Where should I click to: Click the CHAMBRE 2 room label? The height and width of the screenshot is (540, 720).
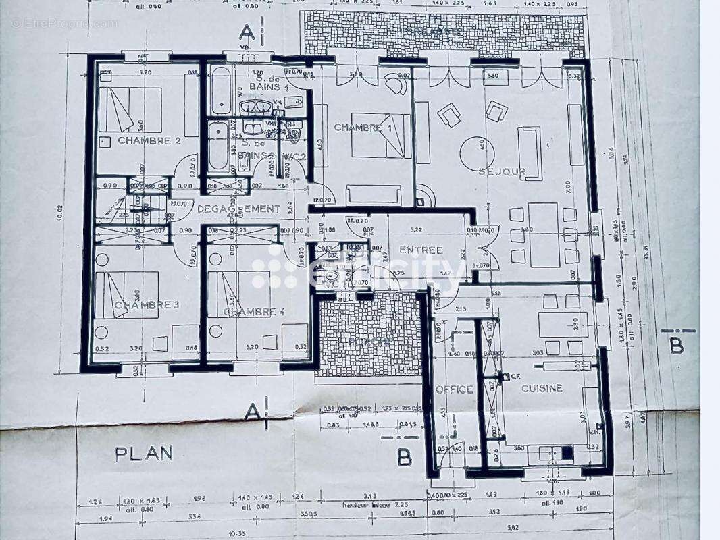click(x=149, y=140)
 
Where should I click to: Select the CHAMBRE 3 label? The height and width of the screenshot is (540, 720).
click(x=146, y=305)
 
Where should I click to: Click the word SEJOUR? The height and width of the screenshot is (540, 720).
click(x=502, y=172)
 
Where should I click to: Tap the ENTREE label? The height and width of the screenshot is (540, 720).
click(x=421, y=250)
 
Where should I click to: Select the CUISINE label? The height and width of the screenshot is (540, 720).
click(x=542, y=388)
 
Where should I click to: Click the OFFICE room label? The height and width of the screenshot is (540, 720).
click(x=454, y=389)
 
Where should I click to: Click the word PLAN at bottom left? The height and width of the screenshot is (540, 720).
click(x=143, y=454)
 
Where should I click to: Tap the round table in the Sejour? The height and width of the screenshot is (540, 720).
click(x=477, y=153)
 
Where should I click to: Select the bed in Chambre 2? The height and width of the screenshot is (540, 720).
click(x=130, y=109)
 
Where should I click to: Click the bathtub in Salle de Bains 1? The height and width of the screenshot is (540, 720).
click(x=221, y=91)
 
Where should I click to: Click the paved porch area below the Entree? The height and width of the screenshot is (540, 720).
click(x=369, y=334)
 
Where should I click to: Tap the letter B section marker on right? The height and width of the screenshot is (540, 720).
click(x=676, y=346)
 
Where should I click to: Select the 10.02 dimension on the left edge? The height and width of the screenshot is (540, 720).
click(x=60, y=213)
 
